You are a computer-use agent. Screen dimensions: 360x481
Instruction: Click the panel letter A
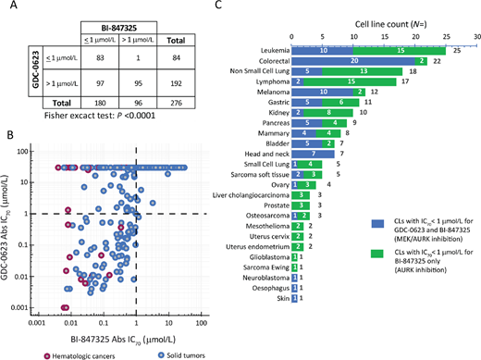pyautogui.click(x=7, y=8)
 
